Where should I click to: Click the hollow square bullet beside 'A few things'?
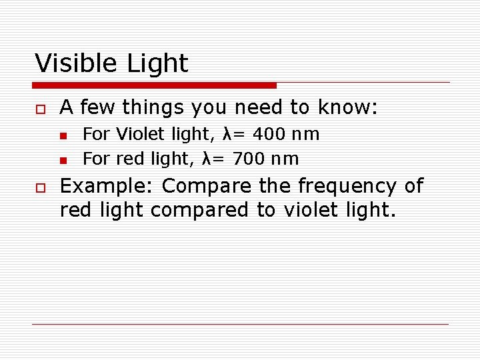(x=40, y=108)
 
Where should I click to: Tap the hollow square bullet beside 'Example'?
(x=40, y=187)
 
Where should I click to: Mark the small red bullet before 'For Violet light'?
(x=63, y=136)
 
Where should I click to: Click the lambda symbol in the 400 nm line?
(x=227, y=134)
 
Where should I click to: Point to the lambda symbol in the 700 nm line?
(x=206, y=159)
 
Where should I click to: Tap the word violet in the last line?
(x=311, y=210)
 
